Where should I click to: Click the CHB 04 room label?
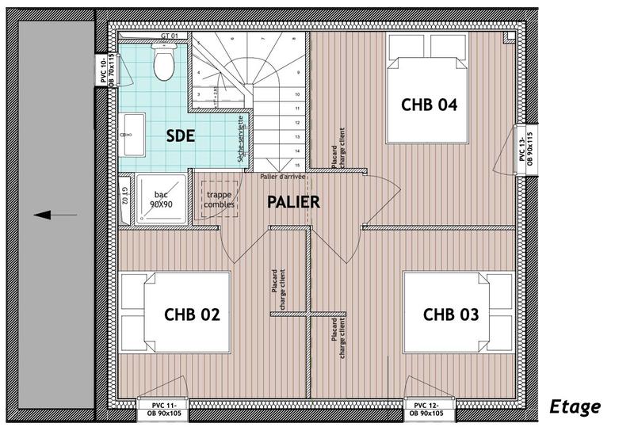click(x=430, y=105)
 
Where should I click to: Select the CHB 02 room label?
click(x=192, y=315)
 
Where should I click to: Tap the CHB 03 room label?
click(x=450, y=315)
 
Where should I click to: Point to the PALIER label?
click(x=292, y=202)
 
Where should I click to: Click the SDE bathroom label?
click(x=181, y=135)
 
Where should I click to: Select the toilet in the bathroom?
click(x=164, y=63)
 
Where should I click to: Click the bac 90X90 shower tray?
click(x=162, y=199)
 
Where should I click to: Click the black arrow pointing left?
click(x=55, y=215)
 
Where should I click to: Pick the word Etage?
click(x=575, y=407)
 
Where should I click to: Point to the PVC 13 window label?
click(x=527, y=148)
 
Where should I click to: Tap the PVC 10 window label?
click(x=106, y=71)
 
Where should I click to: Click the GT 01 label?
click(x=170, y=36)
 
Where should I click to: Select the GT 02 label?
click(x=125, y=196)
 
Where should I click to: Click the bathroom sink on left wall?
click(x=132, y=135)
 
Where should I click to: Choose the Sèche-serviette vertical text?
click(x=241, y=142)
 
